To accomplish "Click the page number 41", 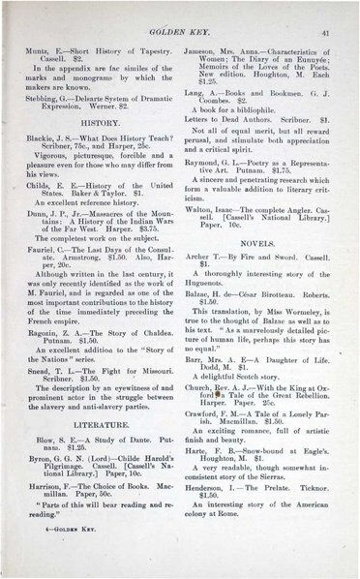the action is (329, 32).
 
